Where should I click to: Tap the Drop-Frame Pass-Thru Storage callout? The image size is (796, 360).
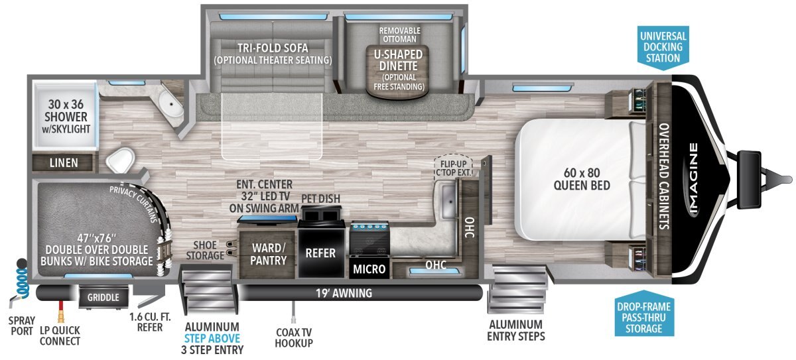click(643, 317)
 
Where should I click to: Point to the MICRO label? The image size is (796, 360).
click(369, 269)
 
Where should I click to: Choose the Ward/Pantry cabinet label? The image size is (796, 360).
click(269, 253)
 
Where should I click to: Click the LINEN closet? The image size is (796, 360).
click(64, 163)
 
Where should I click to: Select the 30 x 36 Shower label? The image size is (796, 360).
click(64, 116)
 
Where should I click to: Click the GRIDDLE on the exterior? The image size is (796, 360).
click(104, 298)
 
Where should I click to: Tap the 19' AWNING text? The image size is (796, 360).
click(344, 293)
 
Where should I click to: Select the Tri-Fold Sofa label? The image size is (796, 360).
click(273, 54)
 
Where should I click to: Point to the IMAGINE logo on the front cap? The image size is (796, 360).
click(693, 180)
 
